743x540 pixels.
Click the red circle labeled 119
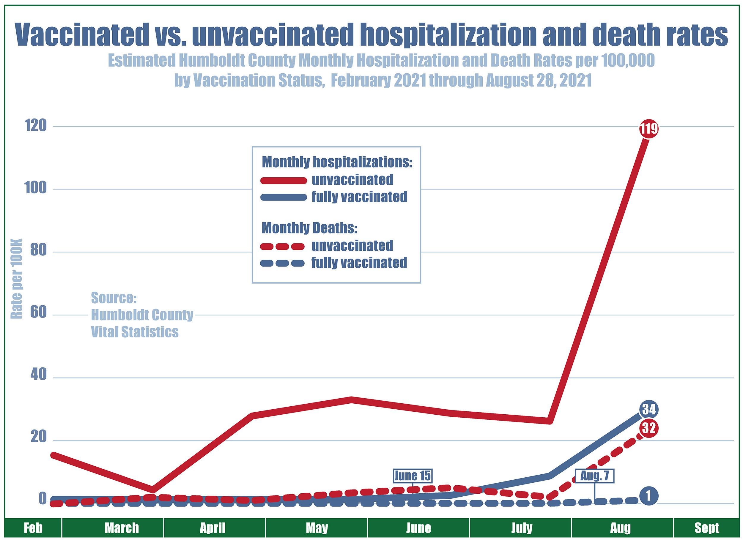point(649,129)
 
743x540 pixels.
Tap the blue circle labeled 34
point(649,409)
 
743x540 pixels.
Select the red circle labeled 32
point(649,428)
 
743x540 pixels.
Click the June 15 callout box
point(412,476)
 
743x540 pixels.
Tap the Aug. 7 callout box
point(594,476)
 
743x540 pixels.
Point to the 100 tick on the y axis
point(36,189)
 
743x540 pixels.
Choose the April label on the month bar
point(212,528)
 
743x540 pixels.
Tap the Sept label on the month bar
point(707,528)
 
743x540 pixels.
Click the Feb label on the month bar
point(33,528)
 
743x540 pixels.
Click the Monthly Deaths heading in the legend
point(309,228)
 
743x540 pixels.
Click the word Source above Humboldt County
point(114,298)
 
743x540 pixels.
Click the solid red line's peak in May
point(351,400)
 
